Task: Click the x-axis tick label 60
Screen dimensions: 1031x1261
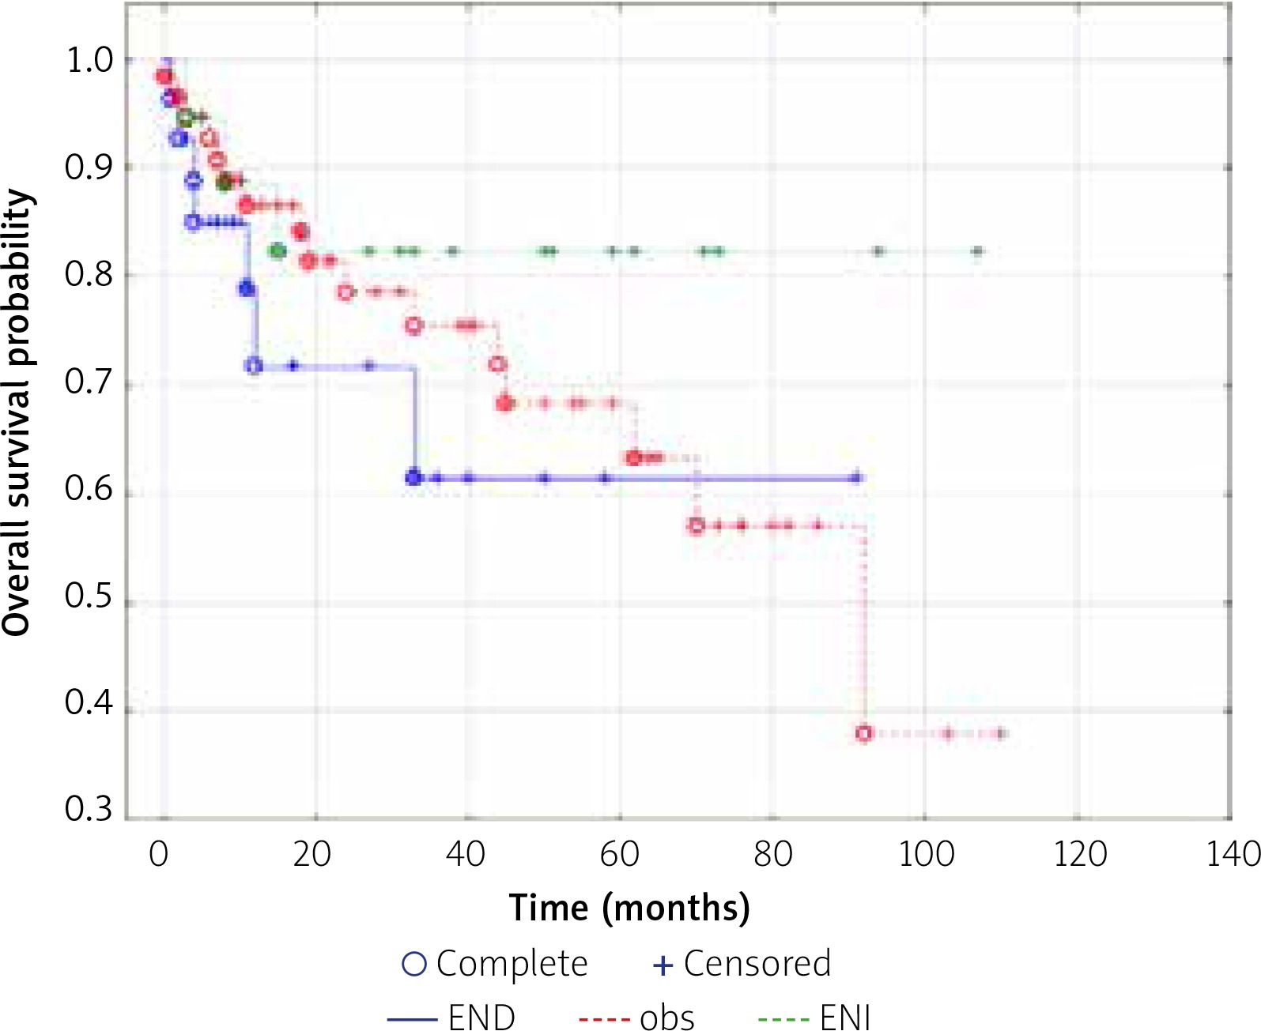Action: coord(619,854)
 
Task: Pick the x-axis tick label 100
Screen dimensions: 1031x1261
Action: coord(926,854)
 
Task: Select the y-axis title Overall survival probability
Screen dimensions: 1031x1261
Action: coord(17,412)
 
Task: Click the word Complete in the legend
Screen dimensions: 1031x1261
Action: coord(512,964)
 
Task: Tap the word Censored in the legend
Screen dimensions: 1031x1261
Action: coord(757,964)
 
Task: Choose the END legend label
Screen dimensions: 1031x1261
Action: coord(481,1016)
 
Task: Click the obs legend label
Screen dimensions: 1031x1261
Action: coord(667,1018)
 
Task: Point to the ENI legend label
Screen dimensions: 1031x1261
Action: coord(845,1016)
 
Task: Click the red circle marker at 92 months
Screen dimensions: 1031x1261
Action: coord(864,733)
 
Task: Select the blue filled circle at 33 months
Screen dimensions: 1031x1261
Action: coord(413,477)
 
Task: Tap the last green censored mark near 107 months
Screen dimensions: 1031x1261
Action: coord(978,252)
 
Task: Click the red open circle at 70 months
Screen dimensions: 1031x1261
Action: coord(696,525)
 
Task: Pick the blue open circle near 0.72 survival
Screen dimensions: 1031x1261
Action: coord(254,366)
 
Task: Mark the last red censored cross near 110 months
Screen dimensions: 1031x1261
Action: coord(1001,733)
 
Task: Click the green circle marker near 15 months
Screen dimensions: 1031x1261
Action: coord(277,251)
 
